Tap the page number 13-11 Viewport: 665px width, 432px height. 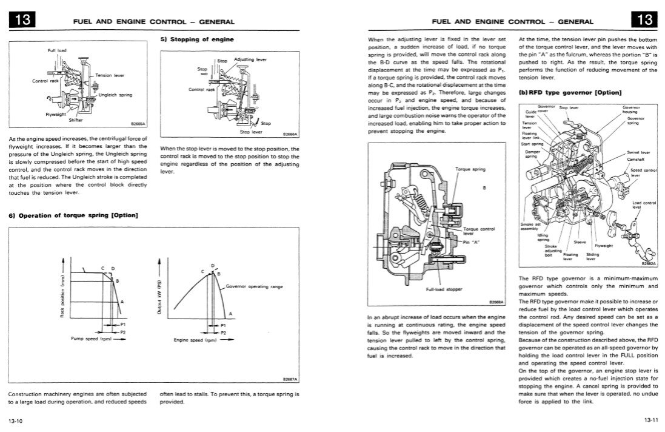[x=653, y=420]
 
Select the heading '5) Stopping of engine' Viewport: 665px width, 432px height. [x=197, y=39]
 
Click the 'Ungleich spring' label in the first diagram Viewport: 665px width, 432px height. [x=116, y=95]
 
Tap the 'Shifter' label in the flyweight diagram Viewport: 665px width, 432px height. [x=76, y=120]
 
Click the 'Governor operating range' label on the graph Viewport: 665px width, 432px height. [x=254, y=286]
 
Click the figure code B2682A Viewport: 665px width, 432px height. [x=649, y=264]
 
